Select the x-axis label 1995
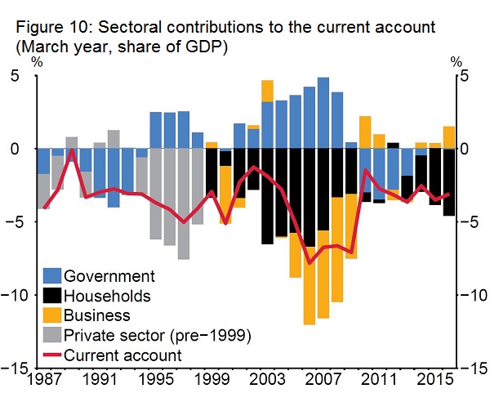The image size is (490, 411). point(155,380)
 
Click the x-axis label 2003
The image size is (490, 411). point(267,380)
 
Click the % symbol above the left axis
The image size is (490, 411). point(37,62)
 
